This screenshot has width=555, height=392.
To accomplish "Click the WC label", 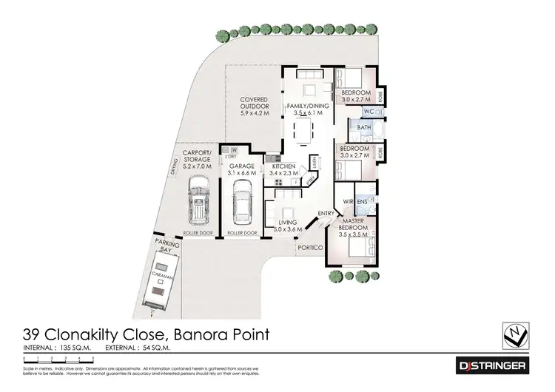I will click(x=368, y=112).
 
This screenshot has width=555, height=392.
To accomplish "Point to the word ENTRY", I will click(x=325, y=214).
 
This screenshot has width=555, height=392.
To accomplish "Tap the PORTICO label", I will click(x=307, y=248).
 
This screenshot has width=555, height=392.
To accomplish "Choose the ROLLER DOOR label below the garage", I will click(x=242, y=234).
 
